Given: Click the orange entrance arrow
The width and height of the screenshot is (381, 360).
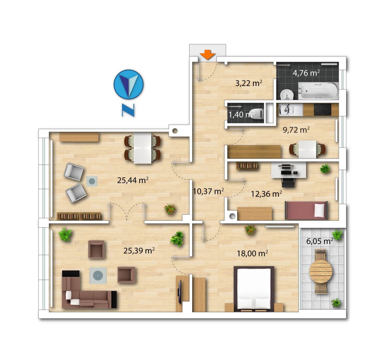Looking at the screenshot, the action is click(207, 54).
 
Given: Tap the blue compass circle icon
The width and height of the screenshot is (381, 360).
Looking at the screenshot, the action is click(129, 84).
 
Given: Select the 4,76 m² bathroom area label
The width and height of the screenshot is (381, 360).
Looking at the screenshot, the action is click(306, 72).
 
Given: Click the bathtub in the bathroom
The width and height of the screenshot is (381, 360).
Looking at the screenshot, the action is click(318, 91).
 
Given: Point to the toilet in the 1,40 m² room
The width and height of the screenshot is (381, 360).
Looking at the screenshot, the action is click(257, 114).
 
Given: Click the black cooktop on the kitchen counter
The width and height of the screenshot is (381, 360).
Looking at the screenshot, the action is click(322, 109).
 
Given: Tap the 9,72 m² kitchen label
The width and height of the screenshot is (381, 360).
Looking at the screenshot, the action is click(296, 130).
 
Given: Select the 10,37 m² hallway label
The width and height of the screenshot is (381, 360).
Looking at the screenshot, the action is click(208, 191).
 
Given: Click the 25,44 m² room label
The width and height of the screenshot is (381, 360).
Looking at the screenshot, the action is click(133, 180).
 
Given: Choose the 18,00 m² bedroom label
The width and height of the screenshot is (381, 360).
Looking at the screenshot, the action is click(252, 253).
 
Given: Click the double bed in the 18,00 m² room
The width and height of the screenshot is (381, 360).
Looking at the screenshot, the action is click(254, 289).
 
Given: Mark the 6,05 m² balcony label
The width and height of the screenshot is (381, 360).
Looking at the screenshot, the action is click(319, 241).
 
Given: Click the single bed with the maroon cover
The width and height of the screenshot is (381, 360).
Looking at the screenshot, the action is click(306, 210).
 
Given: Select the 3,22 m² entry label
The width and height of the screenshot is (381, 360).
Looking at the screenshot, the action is click(248, 83).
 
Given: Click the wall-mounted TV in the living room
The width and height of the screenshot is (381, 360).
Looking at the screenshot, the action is click(180, 292).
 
